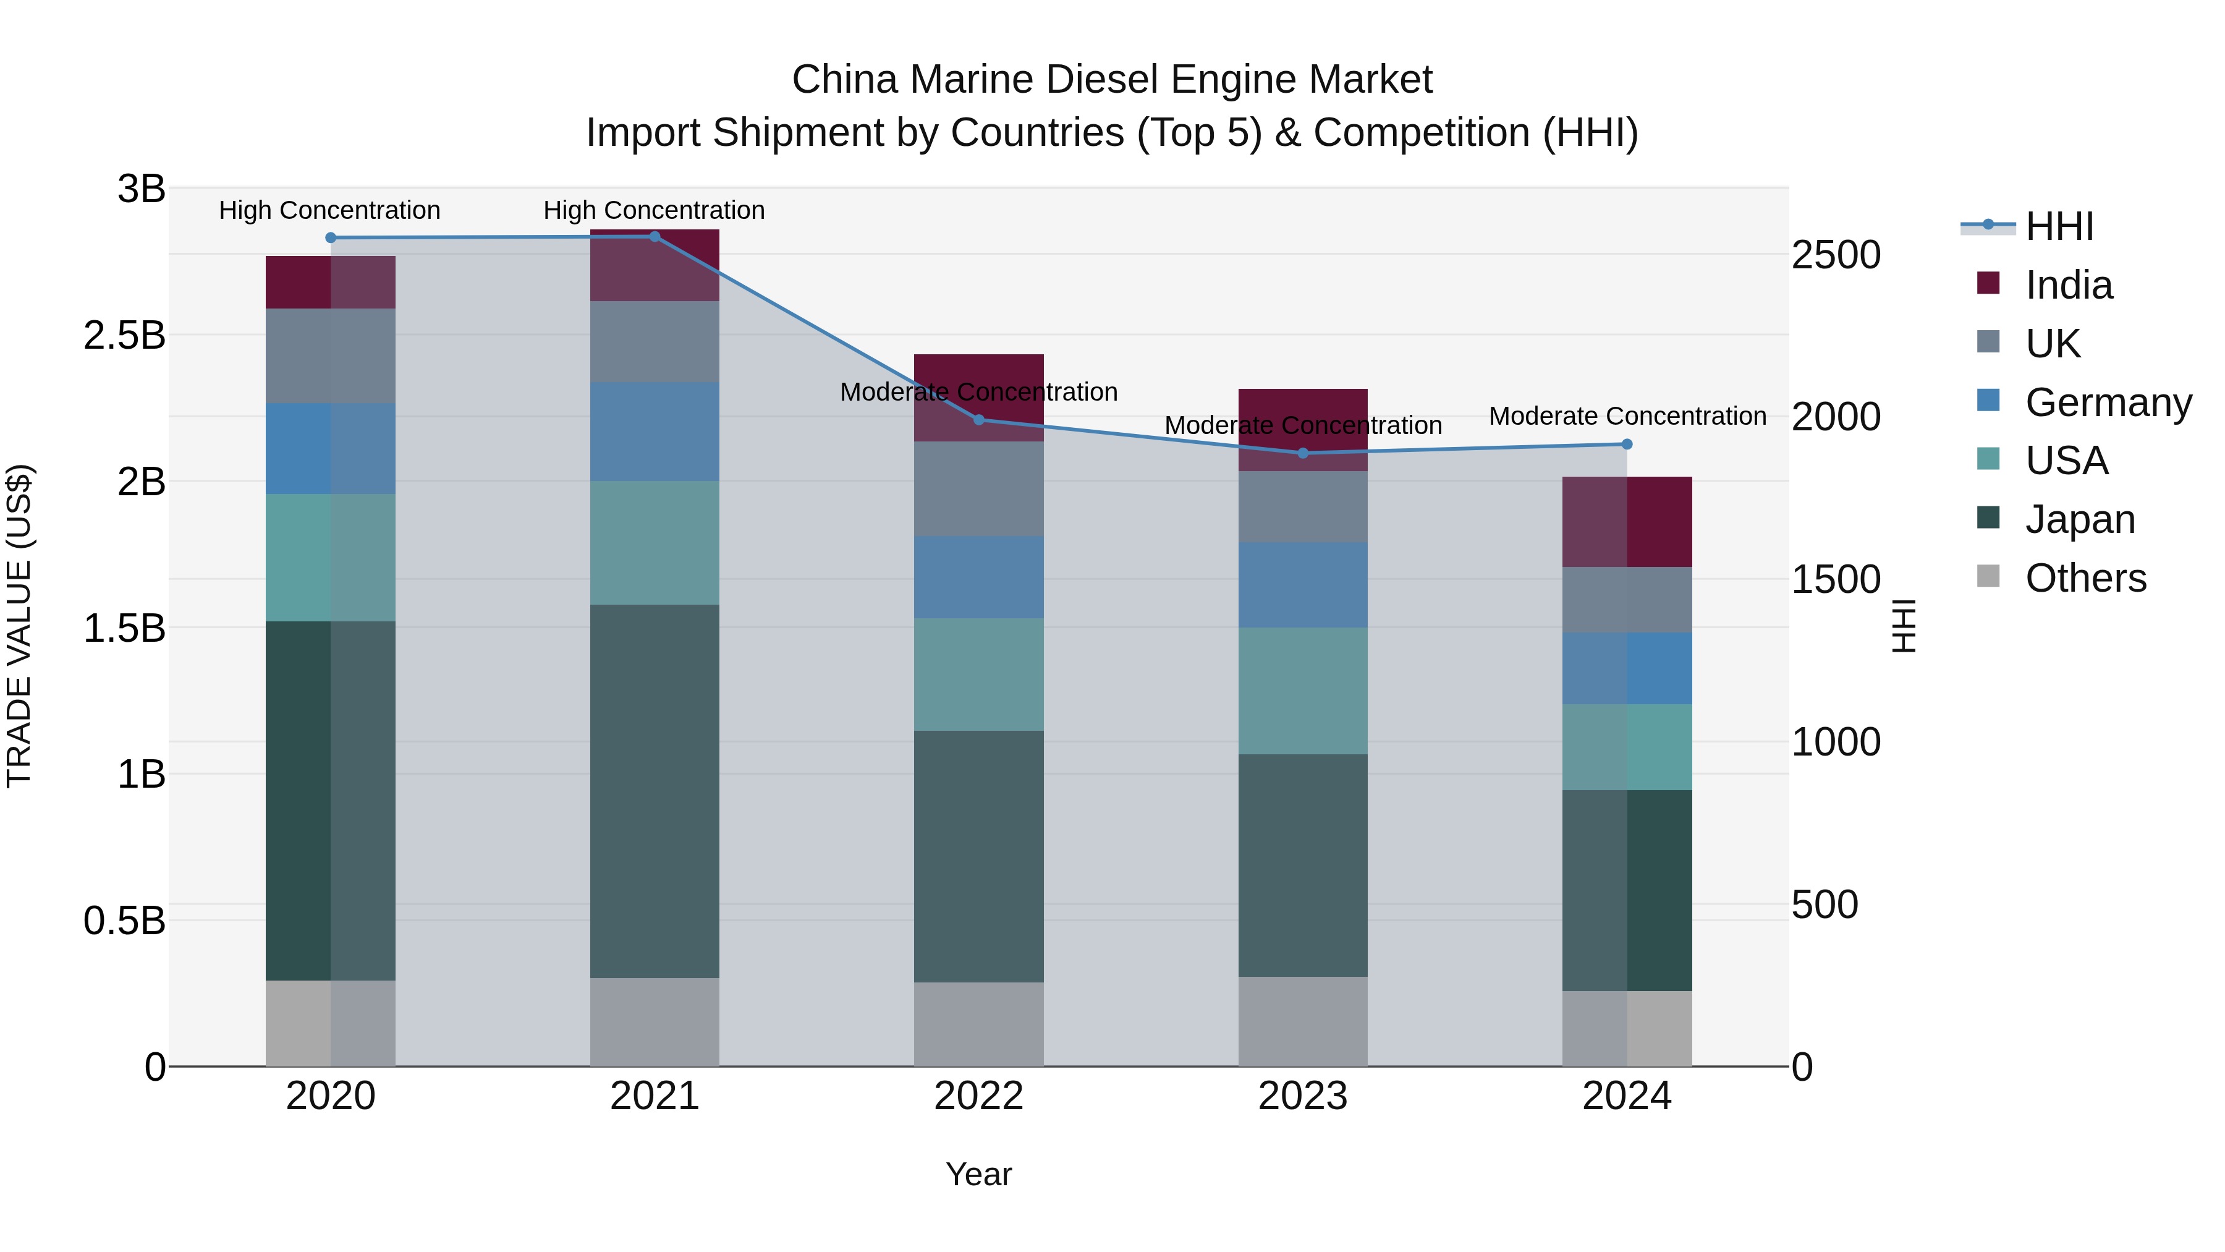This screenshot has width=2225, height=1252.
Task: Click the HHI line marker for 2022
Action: tap(978, 420)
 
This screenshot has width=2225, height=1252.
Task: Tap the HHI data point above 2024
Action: tap(1627, 444)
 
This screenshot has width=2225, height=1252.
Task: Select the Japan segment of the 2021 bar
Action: tap(654, 791)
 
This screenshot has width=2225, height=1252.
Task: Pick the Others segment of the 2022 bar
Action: tap(978, 1024)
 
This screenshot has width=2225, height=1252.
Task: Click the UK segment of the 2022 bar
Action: tap(978, 488)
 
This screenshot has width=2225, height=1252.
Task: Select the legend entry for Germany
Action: tap(2108, 402)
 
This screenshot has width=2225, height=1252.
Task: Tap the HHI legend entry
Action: tap(2059, 226)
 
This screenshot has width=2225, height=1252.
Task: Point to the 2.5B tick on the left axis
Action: tap(124, 335)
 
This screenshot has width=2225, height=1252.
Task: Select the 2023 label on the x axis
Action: tap(1302, 1096)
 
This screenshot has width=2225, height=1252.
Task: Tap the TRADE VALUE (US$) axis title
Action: tap(19, 626)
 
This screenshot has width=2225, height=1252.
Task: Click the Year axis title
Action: tap(978, 1174)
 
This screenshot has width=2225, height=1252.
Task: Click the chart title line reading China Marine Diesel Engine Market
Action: tap(1112, 80)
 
